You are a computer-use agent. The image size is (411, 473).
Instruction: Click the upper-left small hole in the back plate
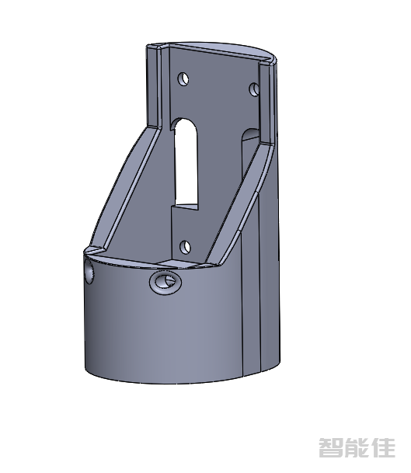183,79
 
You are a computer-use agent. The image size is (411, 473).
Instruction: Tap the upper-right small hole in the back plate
254,89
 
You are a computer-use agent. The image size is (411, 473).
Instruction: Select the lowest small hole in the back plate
185,247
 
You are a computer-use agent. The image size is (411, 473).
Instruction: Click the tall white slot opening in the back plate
186,163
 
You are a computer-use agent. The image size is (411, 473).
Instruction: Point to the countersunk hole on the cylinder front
165,283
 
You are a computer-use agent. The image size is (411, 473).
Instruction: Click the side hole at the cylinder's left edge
89,272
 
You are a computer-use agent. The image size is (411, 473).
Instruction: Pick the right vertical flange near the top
266,103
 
